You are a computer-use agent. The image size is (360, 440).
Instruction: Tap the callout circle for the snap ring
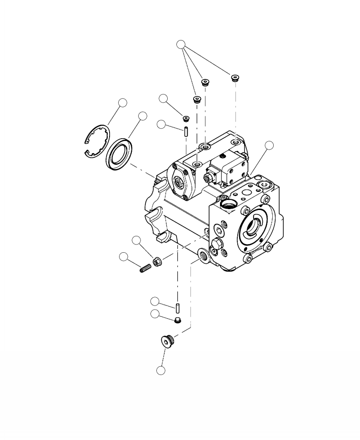(122, 103)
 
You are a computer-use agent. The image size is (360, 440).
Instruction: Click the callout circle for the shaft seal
(143, 116)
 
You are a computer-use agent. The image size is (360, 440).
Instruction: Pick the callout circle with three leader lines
(181, 44)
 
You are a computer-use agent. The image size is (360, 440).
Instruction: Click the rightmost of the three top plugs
(235, 77)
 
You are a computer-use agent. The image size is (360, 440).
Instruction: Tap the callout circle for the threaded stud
(123, 256)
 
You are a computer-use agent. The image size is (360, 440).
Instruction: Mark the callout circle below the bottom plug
(161, 370)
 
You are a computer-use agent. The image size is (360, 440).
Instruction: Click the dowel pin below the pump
(177, 308)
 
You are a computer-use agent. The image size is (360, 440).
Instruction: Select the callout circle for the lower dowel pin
(155, 301)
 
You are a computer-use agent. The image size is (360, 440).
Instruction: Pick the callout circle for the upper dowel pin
(161, 124)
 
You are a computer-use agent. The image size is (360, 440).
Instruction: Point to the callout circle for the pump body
(270, 145)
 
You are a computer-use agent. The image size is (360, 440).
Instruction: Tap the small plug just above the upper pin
(185, 119)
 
